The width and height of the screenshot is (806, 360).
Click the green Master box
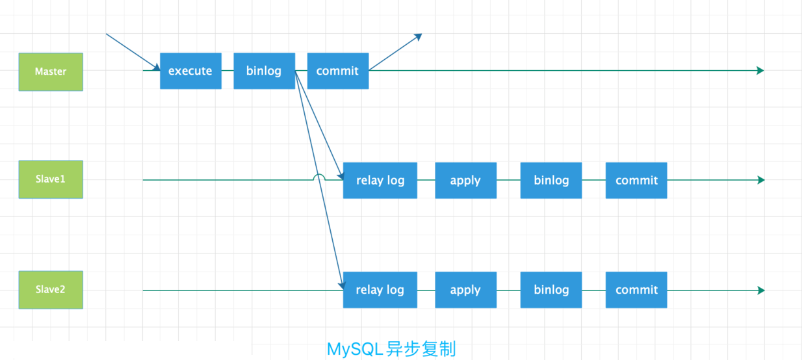tap(51, 71)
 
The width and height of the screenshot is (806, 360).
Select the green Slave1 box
tap(51, 179)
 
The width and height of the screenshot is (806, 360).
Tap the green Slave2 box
tap(51, 290)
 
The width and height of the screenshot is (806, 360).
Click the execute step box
tap(190, 71)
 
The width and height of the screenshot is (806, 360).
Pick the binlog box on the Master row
tap(264, 71)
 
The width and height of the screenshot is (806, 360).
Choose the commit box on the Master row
tap(337, 71)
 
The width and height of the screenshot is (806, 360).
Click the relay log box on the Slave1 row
tap(380, 180)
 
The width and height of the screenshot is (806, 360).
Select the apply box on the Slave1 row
tap(465, 180)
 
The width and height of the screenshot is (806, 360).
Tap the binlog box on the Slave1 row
tap(551, 180)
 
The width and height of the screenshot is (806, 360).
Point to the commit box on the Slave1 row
tap(636, 180)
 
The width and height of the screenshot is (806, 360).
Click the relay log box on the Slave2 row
tap(380, 290)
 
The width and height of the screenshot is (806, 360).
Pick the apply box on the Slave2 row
tap(465, 290)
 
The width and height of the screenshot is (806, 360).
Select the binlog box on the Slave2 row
tap(551, 290)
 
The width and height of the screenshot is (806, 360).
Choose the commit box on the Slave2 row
tap(636, 290)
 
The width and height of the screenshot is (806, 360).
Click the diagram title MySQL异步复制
tap(391, 349)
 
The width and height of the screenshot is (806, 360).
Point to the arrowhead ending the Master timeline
tap(760, 70)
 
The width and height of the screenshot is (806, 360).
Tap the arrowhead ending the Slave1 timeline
tap(761, 180)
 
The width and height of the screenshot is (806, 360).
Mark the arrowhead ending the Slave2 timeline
tap(761, 290)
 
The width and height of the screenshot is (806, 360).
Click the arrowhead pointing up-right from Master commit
tap(419, 37)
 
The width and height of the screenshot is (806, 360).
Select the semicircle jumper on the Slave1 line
tap(318, 177)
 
